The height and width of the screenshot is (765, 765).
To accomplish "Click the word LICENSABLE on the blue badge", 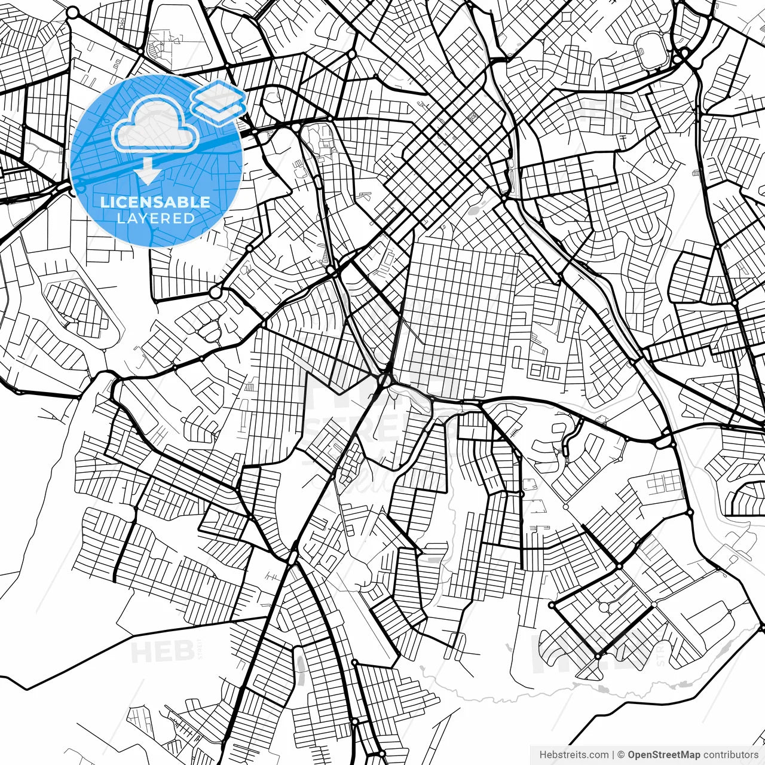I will click(x=155, y=202).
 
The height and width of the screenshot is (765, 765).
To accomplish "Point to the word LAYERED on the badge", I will click(x=155, y=219).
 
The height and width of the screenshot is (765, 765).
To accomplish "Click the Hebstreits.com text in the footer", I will click(x=574, y=755).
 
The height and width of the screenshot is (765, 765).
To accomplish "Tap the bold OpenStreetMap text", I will click(x=663, y=755).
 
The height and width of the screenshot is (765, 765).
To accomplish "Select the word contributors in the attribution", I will click(x=730, y=755).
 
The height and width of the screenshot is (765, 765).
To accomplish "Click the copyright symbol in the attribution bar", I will click(x=621, y=755).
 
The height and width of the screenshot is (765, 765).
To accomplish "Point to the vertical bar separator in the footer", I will click(x=613, y=755).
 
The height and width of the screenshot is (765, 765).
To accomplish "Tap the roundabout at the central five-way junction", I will click(x=385, y=380).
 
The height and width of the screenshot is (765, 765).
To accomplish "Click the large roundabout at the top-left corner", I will click(x=72, y=13).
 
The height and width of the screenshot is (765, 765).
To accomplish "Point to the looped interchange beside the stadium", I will click(x=683, y=56).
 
